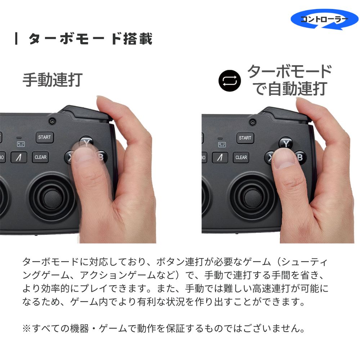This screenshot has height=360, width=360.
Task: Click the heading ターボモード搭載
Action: [90, 39]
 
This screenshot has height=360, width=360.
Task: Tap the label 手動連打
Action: [53, 80]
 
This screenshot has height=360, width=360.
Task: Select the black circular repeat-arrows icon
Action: [230, 81]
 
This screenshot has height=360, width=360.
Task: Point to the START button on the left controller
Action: [45, 137]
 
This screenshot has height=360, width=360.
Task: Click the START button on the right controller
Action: [245, 138]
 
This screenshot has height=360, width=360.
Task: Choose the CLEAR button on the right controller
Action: [241, 158]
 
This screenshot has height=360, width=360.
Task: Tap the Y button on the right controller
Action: [286, 143]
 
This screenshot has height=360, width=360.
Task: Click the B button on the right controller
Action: [300, 158]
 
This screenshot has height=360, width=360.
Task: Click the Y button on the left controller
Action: [86, 142]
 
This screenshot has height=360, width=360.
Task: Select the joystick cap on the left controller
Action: [51, 198]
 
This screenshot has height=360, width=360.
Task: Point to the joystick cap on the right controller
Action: [253, 198]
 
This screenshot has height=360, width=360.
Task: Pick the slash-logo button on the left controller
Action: [19, 158]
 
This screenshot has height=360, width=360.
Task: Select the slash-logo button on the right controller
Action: [220, 158]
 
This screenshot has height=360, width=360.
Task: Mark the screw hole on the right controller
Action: [253, 122]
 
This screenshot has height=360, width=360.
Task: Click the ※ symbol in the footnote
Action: [27, 329]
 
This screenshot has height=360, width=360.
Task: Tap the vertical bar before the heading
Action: [16, 39]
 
